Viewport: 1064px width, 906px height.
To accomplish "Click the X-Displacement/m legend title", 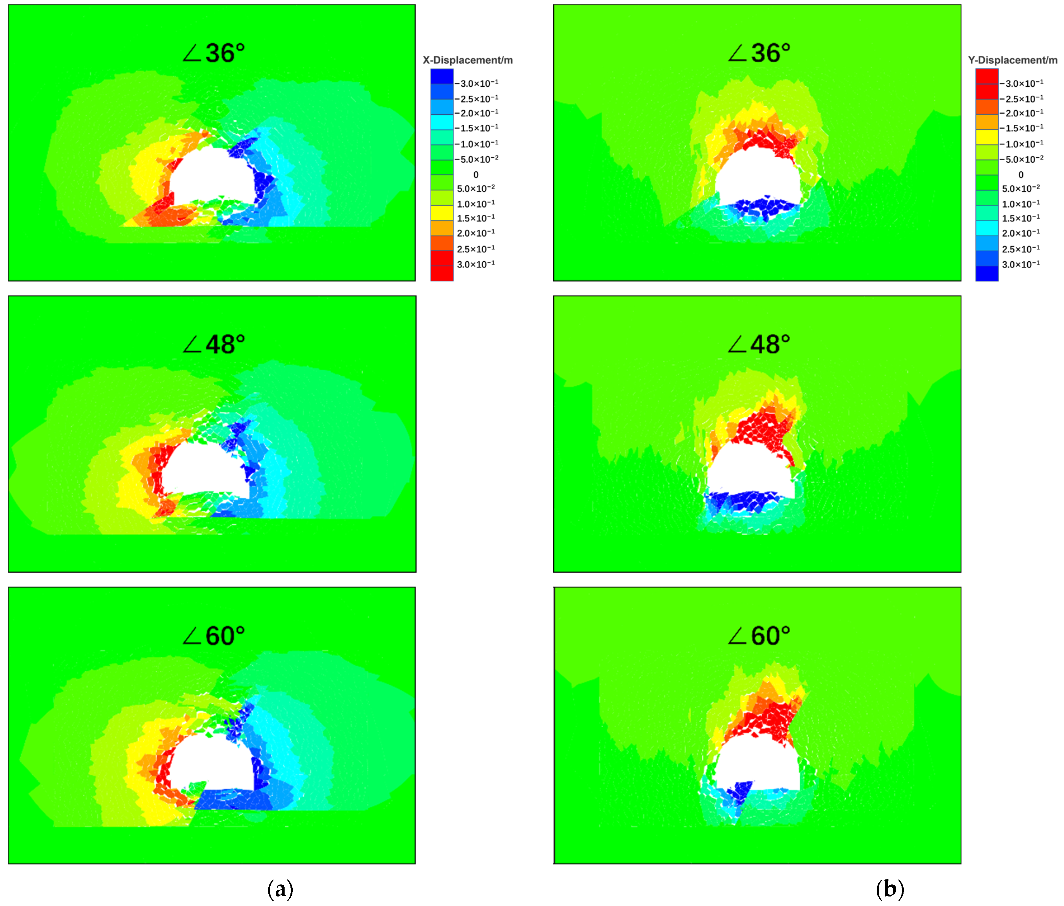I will pos(467,60).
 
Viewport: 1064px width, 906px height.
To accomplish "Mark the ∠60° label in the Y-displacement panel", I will pos(759,636).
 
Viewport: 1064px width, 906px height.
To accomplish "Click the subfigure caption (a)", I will pos(280,889).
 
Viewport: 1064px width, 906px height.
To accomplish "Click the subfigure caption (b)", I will pos(890,889).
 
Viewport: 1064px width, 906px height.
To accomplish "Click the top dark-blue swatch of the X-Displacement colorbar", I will pos(442,76).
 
